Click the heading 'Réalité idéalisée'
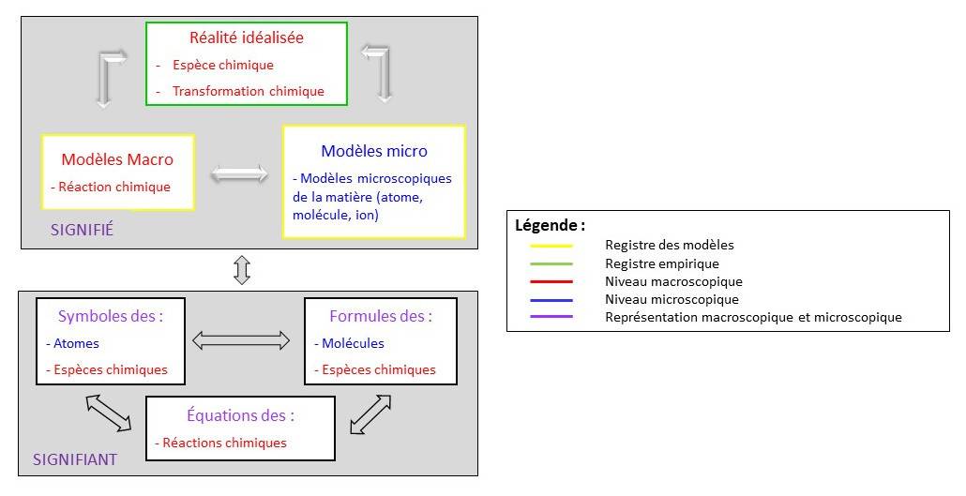pos(247,38)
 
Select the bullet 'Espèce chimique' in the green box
pos(222,66)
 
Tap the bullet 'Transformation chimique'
pos(248,91)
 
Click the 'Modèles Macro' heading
pos(117,159)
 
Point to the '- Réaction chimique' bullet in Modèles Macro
pos(111,187)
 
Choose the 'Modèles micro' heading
pos(373,151)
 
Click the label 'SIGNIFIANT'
pos(75,459)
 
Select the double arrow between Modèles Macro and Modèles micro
pos(239,173)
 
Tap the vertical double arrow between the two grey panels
pos(242,271)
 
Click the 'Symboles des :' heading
pos(111,316)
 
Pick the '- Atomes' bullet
pos(73,343)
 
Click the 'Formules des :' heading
pos(381,316)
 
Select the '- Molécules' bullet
pos(349,343)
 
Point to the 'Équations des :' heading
pos(240,415)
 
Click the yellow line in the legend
pos(551,246)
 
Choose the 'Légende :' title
pos(551,226)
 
